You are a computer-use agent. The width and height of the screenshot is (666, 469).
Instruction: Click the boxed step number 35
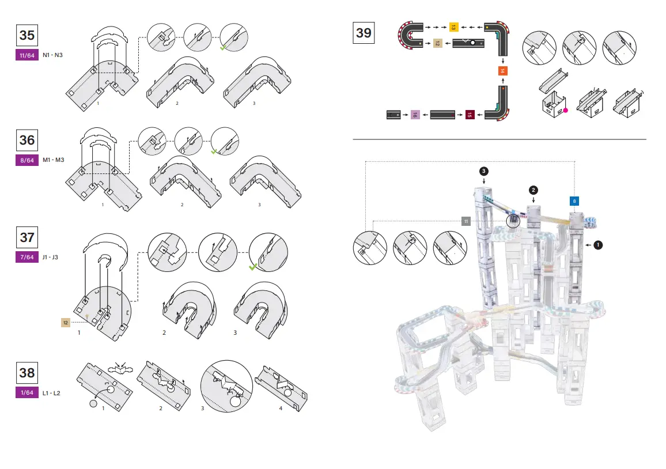tap(27, 35)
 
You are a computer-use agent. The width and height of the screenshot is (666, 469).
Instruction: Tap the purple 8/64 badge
tap(27, 161)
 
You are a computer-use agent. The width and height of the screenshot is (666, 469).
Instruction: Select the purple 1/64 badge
tap(27, 393)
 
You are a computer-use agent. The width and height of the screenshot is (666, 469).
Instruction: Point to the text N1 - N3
tap(52, 56)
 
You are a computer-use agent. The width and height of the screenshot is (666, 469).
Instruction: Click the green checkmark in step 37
tap(252, 267)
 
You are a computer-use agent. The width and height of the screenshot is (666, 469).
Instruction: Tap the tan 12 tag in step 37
tap(66, 322)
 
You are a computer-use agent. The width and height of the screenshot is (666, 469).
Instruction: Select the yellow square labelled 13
tap(453, 27)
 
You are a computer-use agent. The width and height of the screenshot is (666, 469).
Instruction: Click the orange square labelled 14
tap(502, 70)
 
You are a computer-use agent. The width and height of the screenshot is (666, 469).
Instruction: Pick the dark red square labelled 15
tap(470, 115)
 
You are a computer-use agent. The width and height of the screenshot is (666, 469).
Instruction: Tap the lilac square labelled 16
tap(414, 115)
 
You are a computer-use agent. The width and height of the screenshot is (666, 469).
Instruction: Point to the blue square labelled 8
tap(574, 201)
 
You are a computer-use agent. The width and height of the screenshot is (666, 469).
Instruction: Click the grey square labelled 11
tap(466, 221)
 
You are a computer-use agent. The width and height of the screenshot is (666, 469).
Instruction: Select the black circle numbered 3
tap(484, 171)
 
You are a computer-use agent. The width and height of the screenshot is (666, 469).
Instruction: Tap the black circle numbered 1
tap(598, 245)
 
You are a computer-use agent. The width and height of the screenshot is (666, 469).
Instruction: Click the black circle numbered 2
tap(534, 190)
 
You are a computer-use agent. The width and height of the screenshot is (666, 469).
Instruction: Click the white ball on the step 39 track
tap(473, 43)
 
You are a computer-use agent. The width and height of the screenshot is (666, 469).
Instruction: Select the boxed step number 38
tap(27, 372)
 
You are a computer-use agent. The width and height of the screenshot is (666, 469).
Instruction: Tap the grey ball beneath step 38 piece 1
tap(93, 404)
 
